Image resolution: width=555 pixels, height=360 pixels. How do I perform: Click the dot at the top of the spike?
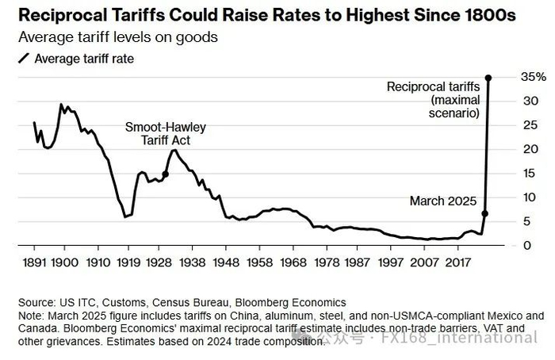pos(488,78)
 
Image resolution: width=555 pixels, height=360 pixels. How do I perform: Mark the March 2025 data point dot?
pos(484,213)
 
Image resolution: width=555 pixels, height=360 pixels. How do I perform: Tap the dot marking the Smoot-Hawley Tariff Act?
pos(165,174)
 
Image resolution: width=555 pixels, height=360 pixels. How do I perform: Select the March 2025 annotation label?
pos(442,201)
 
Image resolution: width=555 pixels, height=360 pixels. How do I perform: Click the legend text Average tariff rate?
pos(85,58)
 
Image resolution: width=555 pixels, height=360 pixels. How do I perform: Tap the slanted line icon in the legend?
pos(25,58)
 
